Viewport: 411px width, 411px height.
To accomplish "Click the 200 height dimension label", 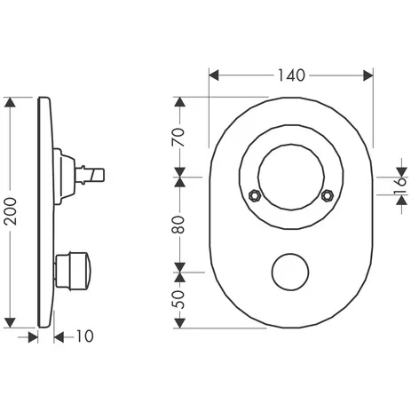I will click(x=12, y=211).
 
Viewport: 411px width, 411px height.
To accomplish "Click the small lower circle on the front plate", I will click(x=290, y=272).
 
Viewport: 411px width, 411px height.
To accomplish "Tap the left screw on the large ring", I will click(x=255, y=195).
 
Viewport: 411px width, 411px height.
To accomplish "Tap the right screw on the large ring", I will click(x=327, y=195).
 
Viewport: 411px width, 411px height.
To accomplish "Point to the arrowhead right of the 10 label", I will click(x=59, y=336).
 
